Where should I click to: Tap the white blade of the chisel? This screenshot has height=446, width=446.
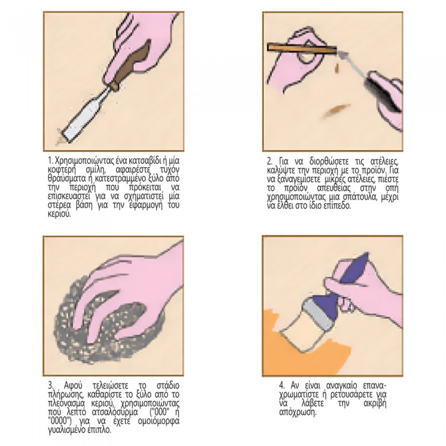point(85,114)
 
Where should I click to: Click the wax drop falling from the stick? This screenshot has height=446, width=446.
point(337,68)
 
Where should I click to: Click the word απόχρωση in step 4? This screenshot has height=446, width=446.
point(298,412)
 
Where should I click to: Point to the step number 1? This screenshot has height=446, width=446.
point(50,161)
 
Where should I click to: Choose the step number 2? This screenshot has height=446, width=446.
point(270,161)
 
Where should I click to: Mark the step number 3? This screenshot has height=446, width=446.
point(50,386)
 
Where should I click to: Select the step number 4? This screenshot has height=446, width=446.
point(282,386)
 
